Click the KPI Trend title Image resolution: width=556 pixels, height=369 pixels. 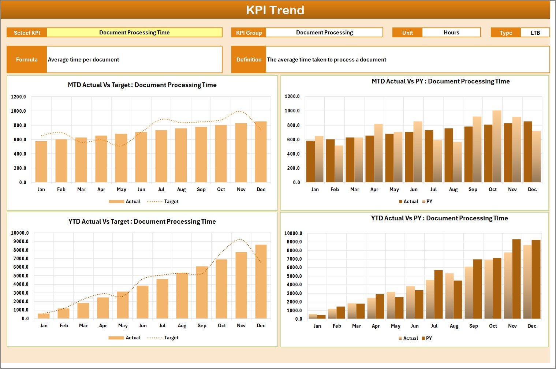click(x=275, y=10)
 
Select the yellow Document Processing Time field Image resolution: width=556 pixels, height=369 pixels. click(x=134, y=33)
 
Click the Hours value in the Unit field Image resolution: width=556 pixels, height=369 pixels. click(x=451, y=33)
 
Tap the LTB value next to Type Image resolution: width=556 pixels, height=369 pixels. click(x=535, y=33)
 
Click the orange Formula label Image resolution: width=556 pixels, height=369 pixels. click(x=27, y=60)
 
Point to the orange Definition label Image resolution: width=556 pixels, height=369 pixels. click(x=249, y=60)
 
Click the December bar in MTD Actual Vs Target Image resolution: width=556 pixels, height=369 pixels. click(x=261, y=152)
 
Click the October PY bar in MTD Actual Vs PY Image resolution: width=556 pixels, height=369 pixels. click(x=497, y=146)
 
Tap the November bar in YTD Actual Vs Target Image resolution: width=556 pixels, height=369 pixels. click(x=241, y=285)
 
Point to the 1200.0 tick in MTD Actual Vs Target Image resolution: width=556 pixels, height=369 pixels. click(x=19, y=97)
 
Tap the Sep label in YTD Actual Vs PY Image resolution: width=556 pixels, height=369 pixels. click(x=474, y=326)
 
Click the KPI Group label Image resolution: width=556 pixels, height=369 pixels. click(x=249, y=33)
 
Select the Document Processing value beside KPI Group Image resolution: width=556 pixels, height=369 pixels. click(x=324, y=33)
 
